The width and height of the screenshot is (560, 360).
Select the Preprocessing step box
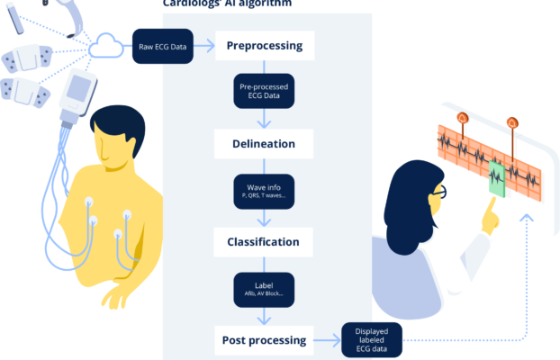point(264,45)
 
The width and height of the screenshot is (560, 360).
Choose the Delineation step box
point(264,143)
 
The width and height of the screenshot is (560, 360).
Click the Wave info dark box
point(264,192)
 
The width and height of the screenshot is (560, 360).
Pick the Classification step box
point(264,242)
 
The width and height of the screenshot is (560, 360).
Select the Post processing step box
point(264,340)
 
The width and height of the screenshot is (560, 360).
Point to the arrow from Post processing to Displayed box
point(326,340)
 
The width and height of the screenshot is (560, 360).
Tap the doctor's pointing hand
point(491,216)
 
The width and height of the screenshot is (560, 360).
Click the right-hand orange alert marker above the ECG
point(512,121)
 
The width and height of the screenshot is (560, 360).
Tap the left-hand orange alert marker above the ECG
point(463,118)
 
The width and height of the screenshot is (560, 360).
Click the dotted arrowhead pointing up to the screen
point(528,216)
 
